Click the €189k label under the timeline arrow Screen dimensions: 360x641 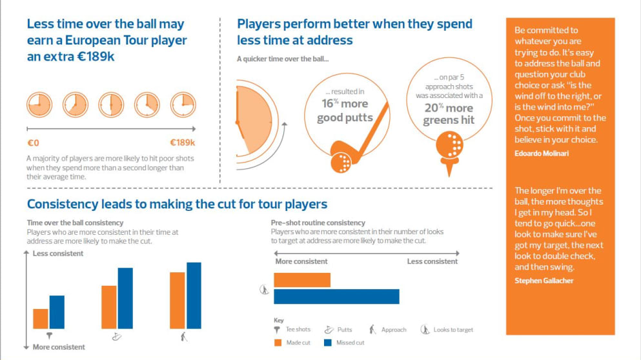[x=182, y=143]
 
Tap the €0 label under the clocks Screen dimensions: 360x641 [x=34, y=143]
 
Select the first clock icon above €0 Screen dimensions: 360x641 [x=39, y=104]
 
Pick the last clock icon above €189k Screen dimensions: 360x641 [x=183, y=104]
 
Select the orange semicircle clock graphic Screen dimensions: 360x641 [x=254, y=122]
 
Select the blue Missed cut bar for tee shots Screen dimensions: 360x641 [x=57, y=312]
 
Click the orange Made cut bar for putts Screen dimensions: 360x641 [x=109, y=307]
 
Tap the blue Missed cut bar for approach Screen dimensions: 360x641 [x=194, y=295]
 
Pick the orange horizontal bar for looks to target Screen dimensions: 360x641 [x=302, y=280]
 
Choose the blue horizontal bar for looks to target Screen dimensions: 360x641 [x=336, y=296]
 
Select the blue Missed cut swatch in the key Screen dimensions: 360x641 [x=327, y=343]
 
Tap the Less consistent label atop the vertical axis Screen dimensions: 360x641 [x=58, y=254]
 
